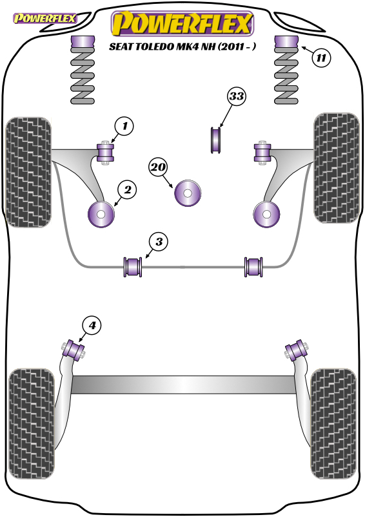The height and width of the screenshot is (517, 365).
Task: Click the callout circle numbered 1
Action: coord(124,125)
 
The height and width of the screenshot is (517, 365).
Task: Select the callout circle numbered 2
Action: coord(127,189)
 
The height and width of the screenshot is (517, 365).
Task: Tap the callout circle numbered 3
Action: coord(159,242)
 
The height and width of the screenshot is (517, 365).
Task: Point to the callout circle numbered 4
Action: coord(92,325)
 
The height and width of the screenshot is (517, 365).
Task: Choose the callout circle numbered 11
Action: coord(321,58)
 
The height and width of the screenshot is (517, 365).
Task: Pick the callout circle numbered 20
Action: coord(158,167)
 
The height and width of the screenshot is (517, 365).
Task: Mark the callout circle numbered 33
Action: coord(236,96)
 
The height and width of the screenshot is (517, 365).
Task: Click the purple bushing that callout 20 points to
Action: coord(188,193)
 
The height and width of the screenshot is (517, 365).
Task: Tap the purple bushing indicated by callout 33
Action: coord(216,140)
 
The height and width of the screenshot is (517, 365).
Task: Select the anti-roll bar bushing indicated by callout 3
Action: coord(132,267)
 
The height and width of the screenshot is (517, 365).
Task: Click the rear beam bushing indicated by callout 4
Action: coord(74,350)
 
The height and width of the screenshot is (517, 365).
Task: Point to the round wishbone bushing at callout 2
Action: coord(101,215)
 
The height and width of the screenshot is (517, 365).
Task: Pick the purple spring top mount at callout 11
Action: coord(286,41)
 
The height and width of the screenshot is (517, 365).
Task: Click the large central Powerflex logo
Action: coord(182,23)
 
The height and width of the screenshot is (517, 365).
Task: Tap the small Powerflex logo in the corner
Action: coord(44,18)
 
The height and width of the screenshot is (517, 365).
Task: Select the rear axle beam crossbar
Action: coord(183,385)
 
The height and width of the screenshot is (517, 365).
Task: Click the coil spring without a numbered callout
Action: coord(83,70)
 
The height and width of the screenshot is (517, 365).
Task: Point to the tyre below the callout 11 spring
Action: coord(337,168)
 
